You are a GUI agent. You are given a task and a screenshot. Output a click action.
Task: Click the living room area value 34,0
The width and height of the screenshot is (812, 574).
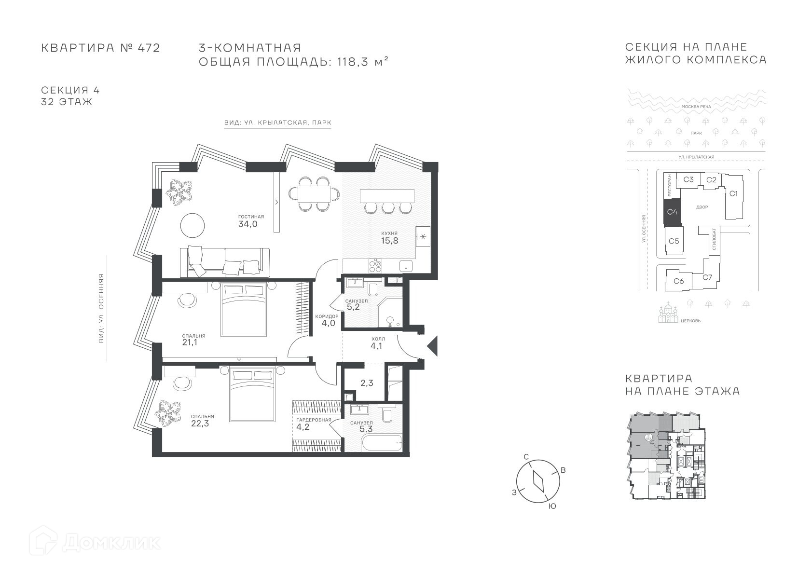click(248, 224)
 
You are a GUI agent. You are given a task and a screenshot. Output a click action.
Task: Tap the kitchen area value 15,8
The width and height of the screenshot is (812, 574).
click(389, 241)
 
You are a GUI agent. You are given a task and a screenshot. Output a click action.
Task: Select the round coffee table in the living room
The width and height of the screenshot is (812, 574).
click(193, 225)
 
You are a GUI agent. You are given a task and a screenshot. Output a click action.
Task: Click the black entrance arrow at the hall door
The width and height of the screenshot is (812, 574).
click(432, 346)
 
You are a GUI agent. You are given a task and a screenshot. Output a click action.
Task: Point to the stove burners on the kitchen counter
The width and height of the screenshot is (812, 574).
click(375, 266)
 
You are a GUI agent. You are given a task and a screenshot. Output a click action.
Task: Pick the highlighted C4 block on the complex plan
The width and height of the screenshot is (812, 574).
click(673, 212)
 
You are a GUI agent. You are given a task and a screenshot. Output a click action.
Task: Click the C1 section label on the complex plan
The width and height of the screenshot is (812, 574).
click(733, 193)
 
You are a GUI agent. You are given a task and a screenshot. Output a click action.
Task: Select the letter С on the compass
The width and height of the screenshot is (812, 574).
click(526, 456)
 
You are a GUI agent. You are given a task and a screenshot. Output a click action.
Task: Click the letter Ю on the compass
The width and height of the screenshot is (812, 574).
click(552, 506)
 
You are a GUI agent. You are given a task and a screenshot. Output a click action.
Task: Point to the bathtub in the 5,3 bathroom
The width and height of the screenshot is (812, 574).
click(382, 442)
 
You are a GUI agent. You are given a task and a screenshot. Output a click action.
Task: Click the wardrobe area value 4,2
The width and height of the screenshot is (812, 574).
click(303, 427)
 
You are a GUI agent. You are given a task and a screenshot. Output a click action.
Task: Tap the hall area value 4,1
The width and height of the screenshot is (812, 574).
click(376, 346)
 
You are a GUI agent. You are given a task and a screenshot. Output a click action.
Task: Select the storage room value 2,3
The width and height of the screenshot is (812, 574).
click(367, 383)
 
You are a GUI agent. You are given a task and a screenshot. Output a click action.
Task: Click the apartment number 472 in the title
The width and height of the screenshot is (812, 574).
click(148, 48)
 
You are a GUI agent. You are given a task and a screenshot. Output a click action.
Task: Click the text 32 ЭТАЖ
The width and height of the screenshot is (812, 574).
click(67, 102)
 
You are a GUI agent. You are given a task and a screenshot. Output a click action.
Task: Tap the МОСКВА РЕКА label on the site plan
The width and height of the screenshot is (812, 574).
click(696, 107)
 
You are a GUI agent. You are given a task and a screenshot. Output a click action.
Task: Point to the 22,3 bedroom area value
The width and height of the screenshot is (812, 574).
click(200, 423)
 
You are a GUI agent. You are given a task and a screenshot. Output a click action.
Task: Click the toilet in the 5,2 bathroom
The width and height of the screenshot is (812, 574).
click(372, 288)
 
